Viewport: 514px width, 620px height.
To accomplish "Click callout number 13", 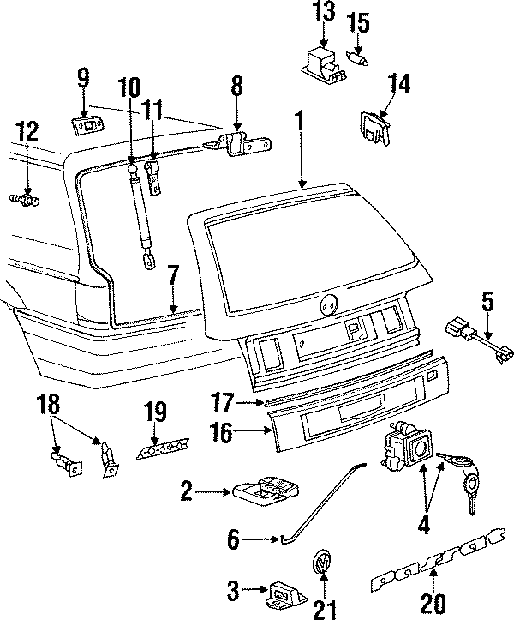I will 325,12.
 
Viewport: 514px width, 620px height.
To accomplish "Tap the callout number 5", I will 487,302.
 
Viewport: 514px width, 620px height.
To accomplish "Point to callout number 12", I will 27,131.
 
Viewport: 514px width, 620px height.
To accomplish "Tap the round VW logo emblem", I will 322,563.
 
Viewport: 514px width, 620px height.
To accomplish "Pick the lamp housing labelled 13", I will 324,63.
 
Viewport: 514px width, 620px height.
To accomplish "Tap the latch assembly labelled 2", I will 266,491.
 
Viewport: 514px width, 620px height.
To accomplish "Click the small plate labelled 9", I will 85,125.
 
